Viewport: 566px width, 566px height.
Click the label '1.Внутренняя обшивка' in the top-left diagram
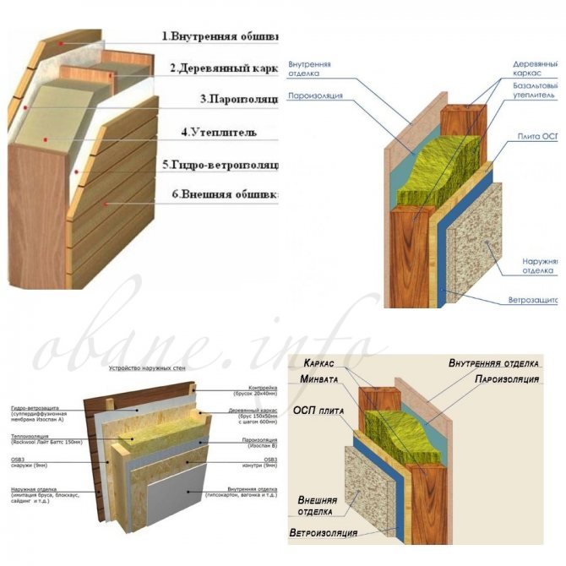(x=221, y=37)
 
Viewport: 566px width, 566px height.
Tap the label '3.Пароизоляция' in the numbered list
(x=238, y=99)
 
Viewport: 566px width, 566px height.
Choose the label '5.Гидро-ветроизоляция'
(x=221, y=164)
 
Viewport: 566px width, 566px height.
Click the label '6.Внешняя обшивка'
(x=223, y=194)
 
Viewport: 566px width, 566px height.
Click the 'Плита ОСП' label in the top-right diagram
(x=541, y=136)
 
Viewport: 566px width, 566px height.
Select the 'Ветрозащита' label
(x=533, y=301)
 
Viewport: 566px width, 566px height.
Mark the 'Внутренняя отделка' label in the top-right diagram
(x=309, y=69)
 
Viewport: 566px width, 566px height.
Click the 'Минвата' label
(x=318, y=379)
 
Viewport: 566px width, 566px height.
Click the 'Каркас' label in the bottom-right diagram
(x=318, y=363)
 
